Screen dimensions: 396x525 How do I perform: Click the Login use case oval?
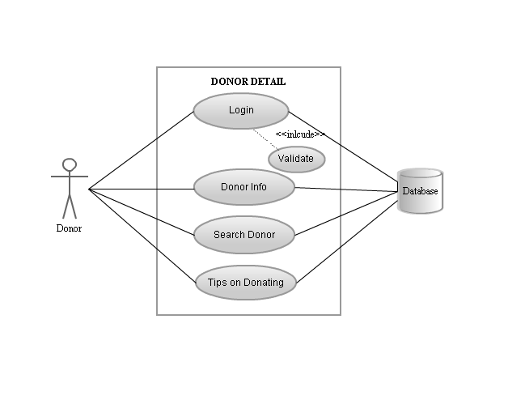[241, 111]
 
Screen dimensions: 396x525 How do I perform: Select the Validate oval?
[296, 158]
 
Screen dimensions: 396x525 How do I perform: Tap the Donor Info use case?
[244, 187]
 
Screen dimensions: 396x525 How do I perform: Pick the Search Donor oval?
[244, 235]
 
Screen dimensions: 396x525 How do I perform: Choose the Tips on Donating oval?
[246, 283]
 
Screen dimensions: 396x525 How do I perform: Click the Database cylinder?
[421, 191]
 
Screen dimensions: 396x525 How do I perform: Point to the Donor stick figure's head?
[70, 164]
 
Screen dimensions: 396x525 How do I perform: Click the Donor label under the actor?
[69, 228]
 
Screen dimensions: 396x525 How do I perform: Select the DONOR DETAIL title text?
[248, 82]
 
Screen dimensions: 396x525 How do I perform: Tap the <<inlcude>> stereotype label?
[300, 134]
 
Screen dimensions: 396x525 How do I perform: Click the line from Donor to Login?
[142, 150]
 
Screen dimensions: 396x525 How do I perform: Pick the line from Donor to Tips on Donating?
[142, 236]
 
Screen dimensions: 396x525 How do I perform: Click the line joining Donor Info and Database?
[345, 189]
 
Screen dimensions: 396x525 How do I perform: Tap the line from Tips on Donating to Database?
[345, 240]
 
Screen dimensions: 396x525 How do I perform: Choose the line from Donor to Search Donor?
[142, 212]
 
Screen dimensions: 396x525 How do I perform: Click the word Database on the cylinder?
[421, 191]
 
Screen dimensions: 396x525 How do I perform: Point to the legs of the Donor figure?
[70, 207]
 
